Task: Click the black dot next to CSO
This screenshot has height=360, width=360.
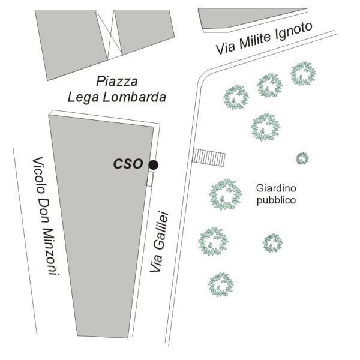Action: (x=153, y=165)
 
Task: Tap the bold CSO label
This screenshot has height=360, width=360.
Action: (x=128, y=164)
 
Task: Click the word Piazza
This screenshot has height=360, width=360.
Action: (x=117, y=81)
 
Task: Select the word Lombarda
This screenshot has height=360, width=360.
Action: (x=134, y=97)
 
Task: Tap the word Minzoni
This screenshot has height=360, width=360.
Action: (x=52, y=251)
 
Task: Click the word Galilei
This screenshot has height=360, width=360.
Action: (x=161, y=231)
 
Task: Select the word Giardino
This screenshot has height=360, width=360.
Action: (x=276, y=188)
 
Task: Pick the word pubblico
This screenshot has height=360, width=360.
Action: (x=276, y=200)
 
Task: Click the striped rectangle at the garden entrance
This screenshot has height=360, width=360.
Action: (x=209, y=157)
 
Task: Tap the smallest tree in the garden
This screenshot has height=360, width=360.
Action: (x=302, y=158)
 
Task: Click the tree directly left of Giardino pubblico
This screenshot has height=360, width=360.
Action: (x=225, y=194)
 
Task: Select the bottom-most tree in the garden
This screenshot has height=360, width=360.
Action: (x=221, y=284)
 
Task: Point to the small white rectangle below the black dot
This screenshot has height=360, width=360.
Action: (x=149, y=179)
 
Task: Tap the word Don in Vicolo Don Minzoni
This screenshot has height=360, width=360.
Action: (x=44, y=211)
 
